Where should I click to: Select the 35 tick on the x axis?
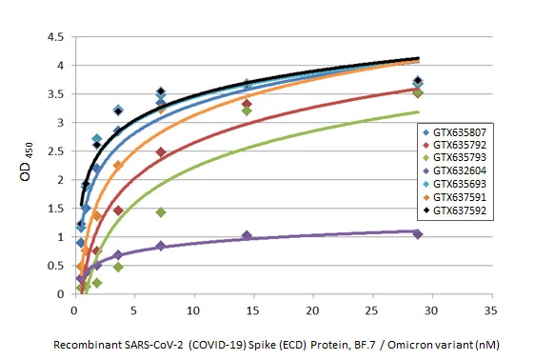(491, 310)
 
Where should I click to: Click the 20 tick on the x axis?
(312, 310)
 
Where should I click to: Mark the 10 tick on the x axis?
(193, 310)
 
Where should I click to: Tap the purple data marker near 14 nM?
(247, 235)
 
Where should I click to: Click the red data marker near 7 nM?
(161, 152)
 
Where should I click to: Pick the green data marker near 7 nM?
(161, 212)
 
